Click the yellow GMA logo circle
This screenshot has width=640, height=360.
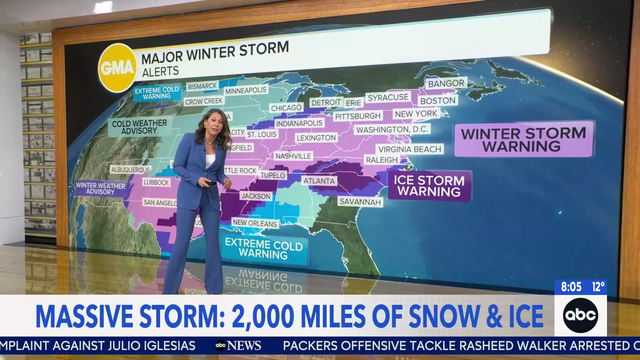click(117, 67)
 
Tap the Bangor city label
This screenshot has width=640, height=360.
click(445, 83)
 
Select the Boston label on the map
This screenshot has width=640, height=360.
click(438, 100)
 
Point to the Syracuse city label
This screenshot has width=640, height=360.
click(388, 97)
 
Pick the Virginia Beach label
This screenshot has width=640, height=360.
click(409, 149)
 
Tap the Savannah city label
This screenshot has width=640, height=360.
click(360, 201)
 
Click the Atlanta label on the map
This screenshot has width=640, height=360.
click(318, 180)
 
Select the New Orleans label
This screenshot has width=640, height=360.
click(255, 223)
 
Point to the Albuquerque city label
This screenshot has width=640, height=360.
click(130, 169)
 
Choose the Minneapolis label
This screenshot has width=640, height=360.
click(245, 91)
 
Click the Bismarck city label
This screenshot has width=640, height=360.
click(202, 86)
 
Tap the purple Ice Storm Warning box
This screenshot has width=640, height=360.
click(429, 185)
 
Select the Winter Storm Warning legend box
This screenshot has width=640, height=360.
click(523, 139)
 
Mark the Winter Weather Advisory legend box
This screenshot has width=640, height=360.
click(100, 188)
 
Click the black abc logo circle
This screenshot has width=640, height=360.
click(580, 315)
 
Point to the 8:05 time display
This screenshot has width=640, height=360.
click(571, 287)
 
